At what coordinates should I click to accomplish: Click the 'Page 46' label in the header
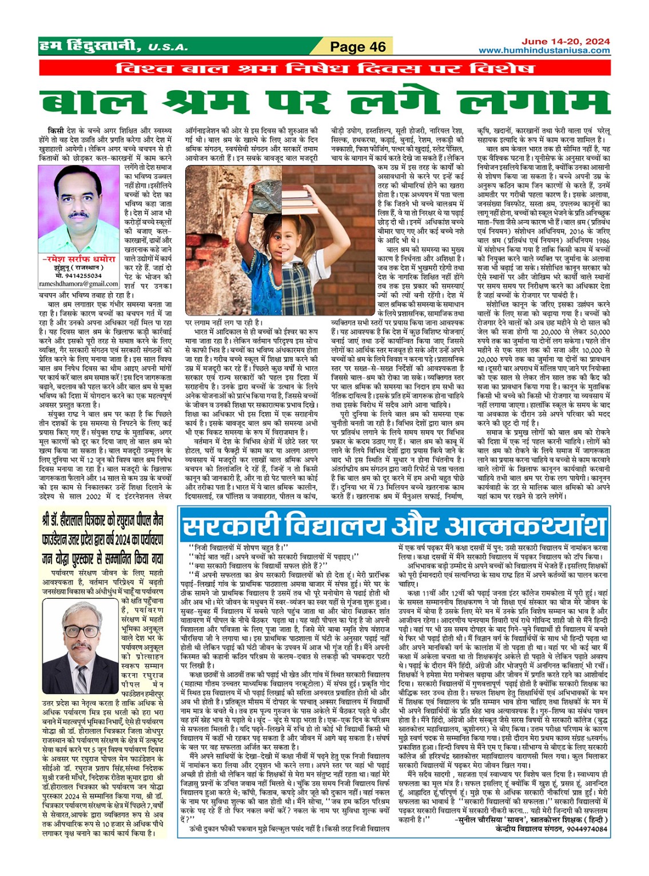coord(358,47)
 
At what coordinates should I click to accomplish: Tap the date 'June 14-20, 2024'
coord(565,42)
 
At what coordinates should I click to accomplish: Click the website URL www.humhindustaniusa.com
coord(544,50)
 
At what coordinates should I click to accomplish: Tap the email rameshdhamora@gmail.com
coord(79,283)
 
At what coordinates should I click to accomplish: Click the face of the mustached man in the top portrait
coord(79,199)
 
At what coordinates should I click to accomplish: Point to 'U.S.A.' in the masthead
coord(168,47)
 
